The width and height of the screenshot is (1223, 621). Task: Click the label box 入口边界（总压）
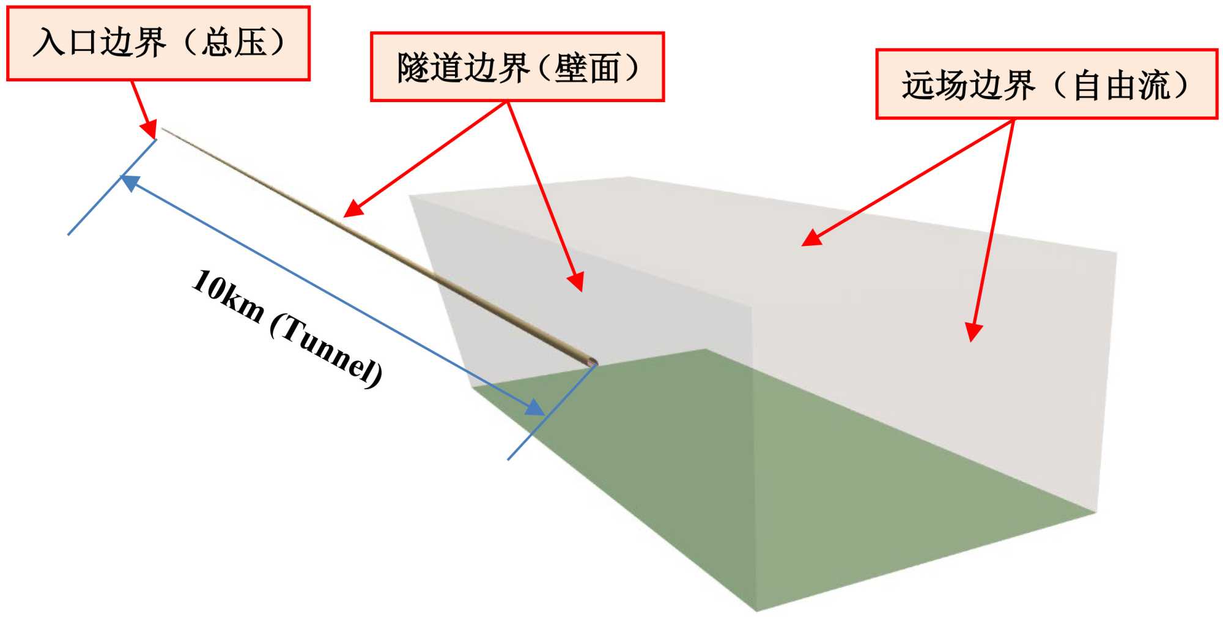click(x=158, y=43)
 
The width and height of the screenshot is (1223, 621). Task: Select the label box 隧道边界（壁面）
click(x=517, y=67)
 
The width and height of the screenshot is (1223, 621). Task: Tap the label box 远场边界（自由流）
click(x=1046, y=84)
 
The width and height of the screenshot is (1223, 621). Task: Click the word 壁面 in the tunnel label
click(x=587, y=67)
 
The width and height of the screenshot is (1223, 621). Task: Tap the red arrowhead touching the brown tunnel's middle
click(x=353, y=210)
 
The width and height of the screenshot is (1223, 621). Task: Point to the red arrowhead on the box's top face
click(x=811, y=239)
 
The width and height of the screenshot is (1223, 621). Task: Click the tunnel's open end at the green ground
click(x=591, y=362)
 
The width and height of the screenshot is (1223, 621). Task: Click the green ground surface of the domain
click(x=764, y=489)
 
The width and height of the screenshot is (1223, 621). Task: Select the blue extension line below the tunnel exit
click(x=538, y=428)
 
